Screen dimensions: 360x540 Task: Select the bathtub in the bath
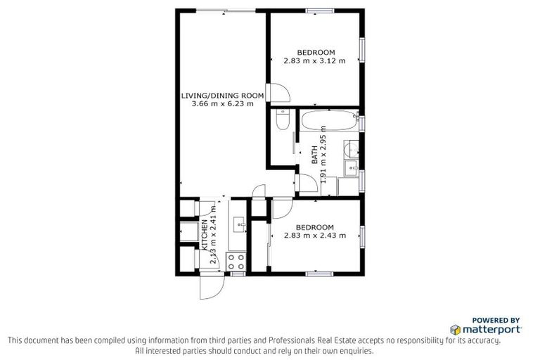pyautogui.click(x=328, y=121)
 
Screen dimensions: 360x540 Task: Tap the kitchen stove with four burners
pyautogui.click(x=235, y=262)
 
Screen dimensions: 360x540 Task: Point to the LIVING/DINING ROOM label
pyautogui.click(x=222, y=95)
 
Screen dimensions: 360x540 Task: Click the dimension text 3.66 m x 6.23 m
pyautogui.click(x=222, y=104)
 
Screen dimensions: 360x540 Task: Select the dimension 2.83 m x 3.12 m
pyautogui.click(x=314, y=61)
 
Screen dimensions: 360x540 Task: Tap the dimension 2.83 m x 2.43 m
pyautogui.click(x=314, y=236)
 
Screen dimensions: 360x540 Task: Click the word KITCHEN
pyautogui.click(x=205, y=236)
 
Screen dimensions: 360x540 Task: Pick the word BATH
pyautogui.click(x=314, y=155)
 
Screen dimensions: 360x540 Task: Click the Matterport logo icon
pyautogui.click(x=455, y=328)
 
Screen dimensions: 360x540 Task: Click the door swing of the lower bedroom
pyautogui.click(x=281, y=209)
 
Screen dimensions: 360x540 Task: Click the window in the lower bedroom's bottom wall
pyautogui.click(x=317, y=274)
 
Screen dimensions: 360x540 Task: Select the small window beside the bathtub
pyautogui.click(x=362, y=122)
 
